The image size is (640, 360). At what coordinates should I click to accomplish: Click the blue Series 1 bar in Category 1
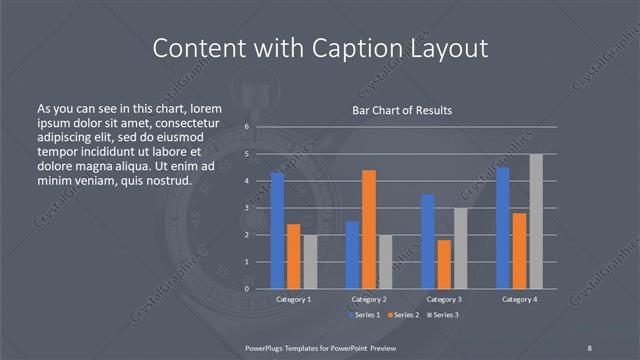(x=277, y=231)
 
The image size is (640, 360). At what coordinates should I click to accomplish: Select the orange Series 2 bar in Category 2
(x=369, y=229)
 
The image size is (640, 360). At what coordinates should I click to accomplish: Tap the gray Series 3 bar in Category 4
(x=536, y=221)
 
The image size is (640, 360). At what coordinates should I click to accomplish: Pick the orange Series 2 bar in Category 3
(x=444, y=264)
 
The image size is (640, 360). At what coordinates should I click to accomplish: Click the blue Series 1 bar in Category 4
(x=503, y=228)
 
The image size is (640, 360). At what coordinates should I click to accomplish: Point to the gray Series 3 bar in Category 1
(x=310, y=262)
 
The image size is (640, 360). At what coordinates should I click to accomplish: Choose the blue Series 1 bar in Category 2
(x=352, y=255)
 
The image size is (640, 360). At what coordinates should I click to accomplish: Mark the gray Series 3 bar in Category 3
(x=460, y=248)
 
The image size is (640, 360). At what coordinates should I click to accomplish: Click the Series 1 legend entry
(x=365, y=315)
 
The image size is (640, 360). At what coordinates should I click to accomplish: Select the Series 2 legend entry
(x=403, y=315)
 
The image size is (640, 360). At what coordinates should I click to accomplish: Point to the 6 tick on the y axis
(x=246, y=127)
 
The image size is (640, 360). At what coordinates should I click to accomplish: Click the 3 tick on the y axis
(x=246, y=208)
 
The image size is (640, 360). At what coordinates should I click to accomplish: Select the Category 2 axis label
(x=368, y=299)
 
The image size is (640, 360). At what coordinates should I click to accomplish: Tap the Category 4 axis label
(x=519, y=299)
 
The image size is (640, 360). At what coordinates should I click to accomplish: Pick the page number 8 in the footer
(x=589, y=347)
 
